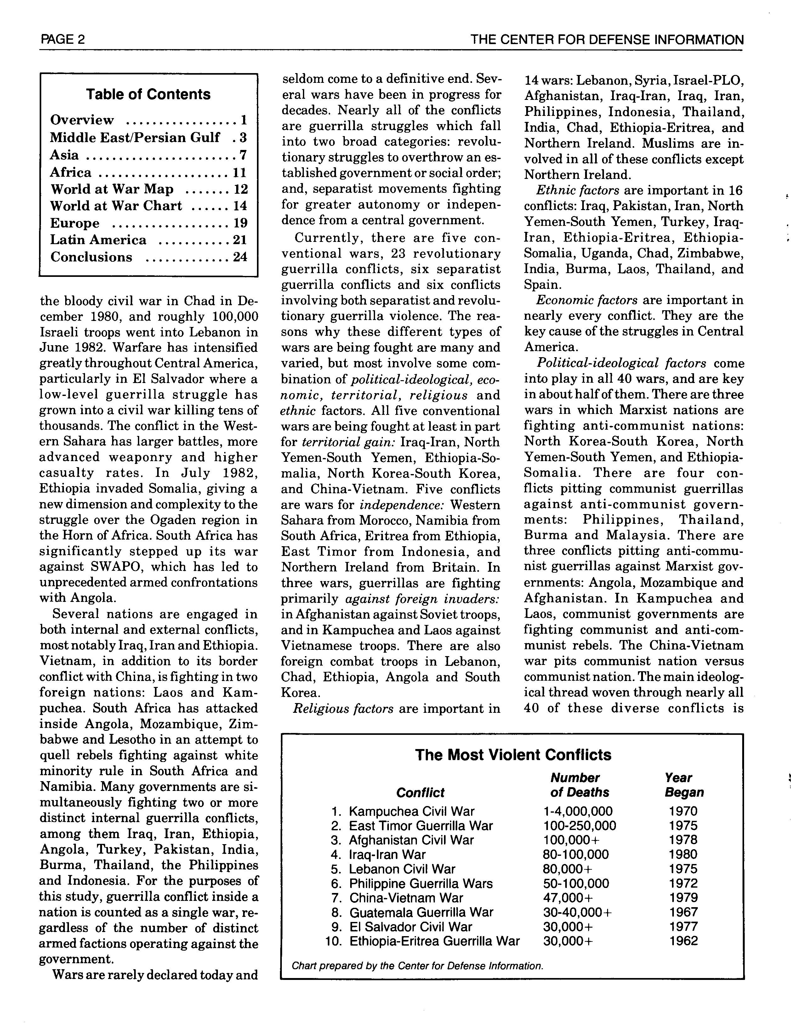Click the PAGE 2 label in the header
click(x=63, y=39)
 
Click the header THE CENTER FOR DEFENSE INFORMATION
click(x=607, y=40)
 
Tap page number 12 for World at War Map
click(x=241, y=189)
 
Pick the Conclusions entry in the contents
click(x=91, y=257)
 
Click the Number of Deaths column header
click(x=580, y=785)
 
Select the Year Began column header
click(x=684, y=785)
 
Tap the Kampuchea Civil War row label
click(x=412, y=811)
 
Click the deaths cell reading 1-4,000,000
click(x=578, y=811)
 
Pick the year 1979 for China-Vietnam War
click(x=683, y=898)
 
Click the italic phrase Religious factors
click(x=343, y=708)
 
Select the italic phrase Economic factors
click(x=587, y=300)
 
